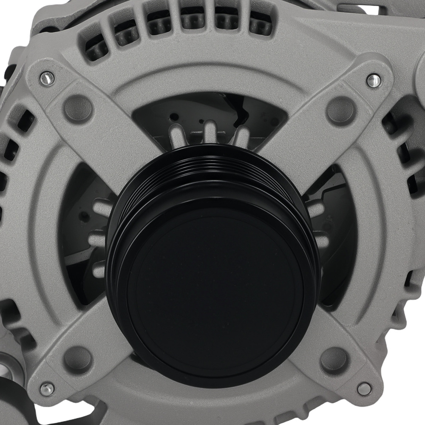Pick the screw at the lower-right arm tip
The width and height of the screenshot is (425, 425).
tap(364, 388)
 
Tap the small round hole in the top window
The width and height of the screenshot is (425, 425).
tap(174, 116)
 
